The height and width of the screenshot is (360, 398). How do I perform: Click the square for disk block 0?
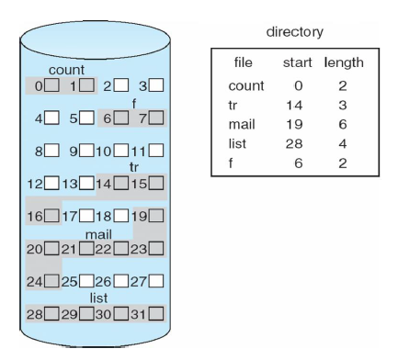52,85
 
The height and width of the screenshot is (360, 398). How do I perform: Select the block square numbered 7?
156,118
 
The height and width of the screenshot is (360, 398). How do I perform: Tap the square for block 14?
121,183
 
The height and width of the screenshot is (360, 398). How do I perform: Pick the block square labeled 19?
156,216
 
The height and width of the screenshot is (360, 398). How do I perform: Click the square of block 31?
156,313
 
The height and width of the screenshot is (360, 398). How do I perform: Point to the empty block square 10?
121,151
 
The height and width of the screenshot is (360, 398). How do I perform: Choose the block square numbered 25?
86,281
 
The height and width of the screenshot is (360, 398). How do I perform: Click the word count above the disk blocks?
66,70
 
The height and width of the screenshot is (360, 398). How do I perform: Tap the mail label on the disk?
98,234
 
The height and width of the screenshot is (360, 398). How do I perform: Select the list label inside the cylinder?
98,298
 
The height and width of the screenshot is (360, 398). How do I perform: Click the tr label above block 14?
134,167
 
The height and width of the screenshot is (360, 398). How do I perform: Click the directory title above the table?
295,32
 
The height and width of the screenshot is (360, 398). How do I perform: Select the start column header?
297,62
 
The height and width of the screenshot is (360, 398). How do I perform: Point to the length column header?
344,63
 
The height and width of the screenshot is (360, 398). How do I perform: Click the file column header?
244,62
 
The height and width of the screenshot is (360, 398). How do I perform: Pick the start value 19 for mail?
294,124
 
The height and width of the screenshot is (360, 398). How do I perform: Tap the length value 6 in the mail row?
343,124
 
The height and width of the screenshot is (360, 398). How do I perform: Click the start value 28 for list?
294,143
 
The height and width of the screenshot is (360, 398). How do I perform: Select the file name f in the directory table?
231,163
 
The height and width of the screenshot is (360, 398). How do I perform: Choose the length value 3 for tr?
343,105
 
